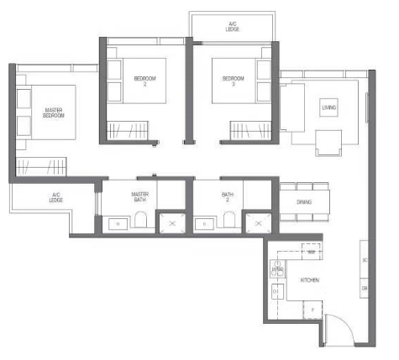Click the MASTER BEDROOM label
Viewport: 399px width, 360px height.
click(x=46, y=113)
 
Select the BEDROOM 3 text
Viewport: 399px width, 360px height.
click(x=233, y=81)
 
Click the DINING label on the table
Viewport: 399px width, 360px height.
click(x=305, y=201)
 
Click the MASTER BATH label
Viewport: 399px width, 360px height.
click(x=139, y=198)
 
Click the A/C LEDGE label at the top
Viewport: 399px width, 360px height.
click(x=232, y=26)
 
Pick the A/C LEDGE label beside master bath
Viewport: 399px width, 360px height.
click(x=56, y=199)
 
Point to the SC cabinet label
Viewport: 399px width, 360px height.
click(x=365, y=260)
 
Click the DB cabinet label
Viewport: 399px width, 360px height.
click(x=365, y=288)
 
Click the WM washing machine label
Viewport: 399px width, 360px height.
click(x=311, y=252)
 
